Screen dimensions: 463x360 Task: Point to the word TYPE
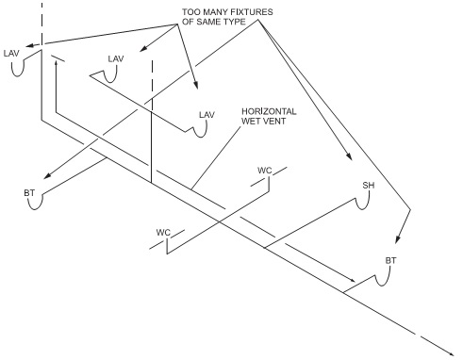[x=236, y=22]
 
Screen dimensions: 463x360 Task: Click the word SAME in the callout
[x=210, y=22]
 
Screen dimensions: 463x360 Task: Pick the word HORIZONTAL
[x=269, y=111]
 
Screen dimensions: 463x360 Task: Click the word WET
[x=251, y=121]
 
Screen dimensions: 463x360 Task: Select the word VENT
[x=274, y=121]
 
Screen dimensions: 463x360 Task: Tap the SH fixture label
[x=369, y=186]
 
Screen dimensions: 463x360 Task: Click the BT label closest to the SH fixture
[x=390, y=260]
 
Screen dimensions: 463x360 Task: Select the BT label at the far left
[x=29, y=192]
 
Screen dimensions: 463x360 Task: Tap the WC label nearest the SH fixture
[x=265, y=171]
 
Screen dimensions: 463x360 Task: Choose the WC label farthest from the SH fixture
[x=163, y=233]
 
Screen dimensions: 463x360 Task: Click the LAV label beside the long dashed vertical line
[x=11, y=54]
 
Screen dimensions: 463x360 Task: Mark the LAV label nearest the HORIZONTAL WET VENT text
[x=207, y=115]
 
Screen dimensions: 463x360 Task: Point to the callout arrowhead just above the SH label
[x=348, y=156]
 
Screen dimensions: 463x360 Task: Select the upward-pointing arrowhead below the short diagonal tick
[x=56, y=63]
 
